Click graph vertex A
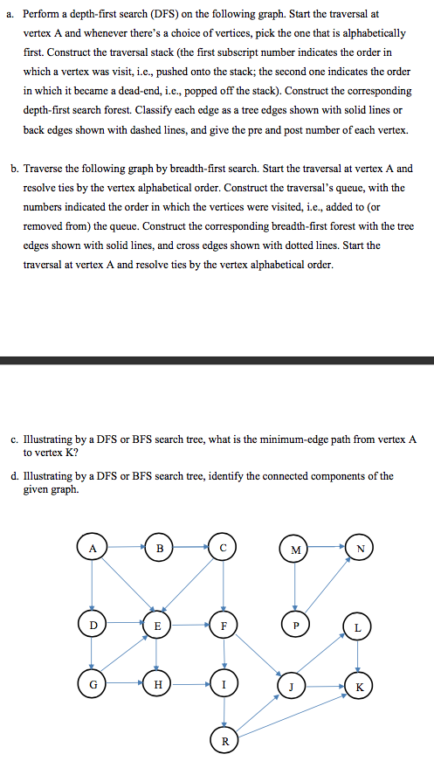(x=92, y=549)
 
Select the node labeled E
(x=157, y=626)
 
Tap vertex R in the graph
(x=224, y=741)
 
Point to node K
(x=357, y=684)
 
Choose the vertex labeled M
(x=295, y=550)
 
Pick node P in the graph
(x=295, y=626)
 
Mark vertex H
(x=157, y=684)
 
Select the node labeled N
(x=357, y=549)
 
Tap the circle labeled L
(x=357, y=627)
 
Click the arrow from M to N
(x=326, y=549)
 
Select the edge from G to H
(x=124, y=684)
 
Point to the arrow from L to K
(x=357, y=655)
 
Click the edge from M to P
(x=295, y=587)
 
